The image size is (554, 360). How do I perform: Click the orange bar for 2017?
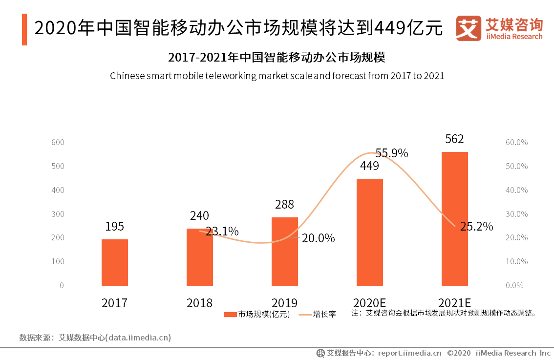pos(115,262)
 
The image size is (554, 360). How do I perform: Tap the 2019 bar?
pos(285,252)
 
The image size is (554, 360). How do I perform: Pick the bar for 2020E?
pos(370,232)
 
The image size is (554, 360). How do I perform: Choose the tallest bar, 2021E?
pos(455,218)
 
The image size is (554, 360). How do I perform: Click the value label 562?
pos(454,139)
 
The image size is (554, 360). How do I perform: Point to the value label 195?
pos(115,227)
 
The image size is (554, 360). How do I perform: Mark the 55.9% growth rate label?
pos(392,153)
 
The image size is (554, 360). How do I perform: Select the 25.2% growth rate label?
pos(476,227)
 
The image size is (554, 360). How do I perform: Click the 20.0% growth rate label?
pos(319,238)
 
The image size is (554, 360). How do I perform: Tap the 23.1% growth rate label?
pos(222,232)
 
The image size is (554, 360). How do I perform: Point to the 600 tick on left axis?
pos(58,142)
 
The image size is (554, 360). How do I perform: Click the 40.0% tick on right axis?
pos(516,190)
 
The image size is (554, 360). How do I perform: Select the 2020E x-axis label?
pos(369,303)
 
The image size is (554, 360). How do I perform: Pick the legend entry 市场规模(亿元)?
pos(257,315)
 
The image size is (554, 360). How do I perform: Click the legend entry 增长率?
pos(318,315)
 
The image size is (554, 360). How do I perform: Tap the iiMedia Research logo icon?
pos(468,28)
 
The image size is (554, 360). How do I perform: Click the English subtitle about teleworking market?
pos(277,76)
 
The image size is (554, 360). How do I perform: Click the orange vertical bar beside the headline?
pos(24,30)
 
